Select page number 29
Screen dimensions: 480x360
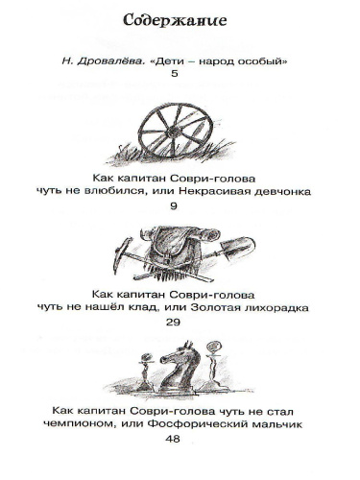[180, 323]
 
